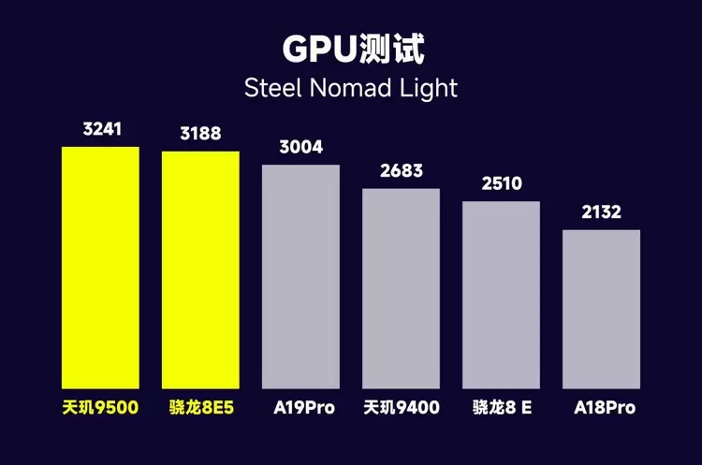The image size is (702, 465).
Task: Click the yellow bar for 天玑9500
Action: (x=100, y=268)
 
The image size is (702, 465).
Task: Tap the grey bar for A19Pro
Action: (x=300, y=277)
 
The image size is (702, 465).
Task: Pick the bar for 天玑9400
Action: (x=401, y=288)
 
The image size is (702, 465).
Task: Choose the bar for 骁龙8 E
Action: (x=501, y=295)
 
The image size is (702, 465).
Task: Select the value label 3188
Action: (x=200, y=134)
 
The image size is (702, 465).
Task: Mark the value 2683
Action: (x=402, y=171)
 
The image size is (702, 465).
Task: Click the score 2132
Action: (x=601, y=212)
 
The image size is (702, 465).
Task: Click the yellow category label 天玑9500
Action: (x=101, y=408)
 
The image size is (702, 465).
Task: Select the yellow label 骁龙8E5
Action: (x=200, y=408)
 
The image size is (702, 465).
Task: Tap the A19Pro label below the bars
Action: (x=301, y=408)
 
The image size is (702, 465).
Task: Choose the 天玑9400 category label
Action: (x=402, y=408)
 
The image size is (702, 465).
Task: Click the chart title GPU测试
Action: (x=350, y=49)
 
